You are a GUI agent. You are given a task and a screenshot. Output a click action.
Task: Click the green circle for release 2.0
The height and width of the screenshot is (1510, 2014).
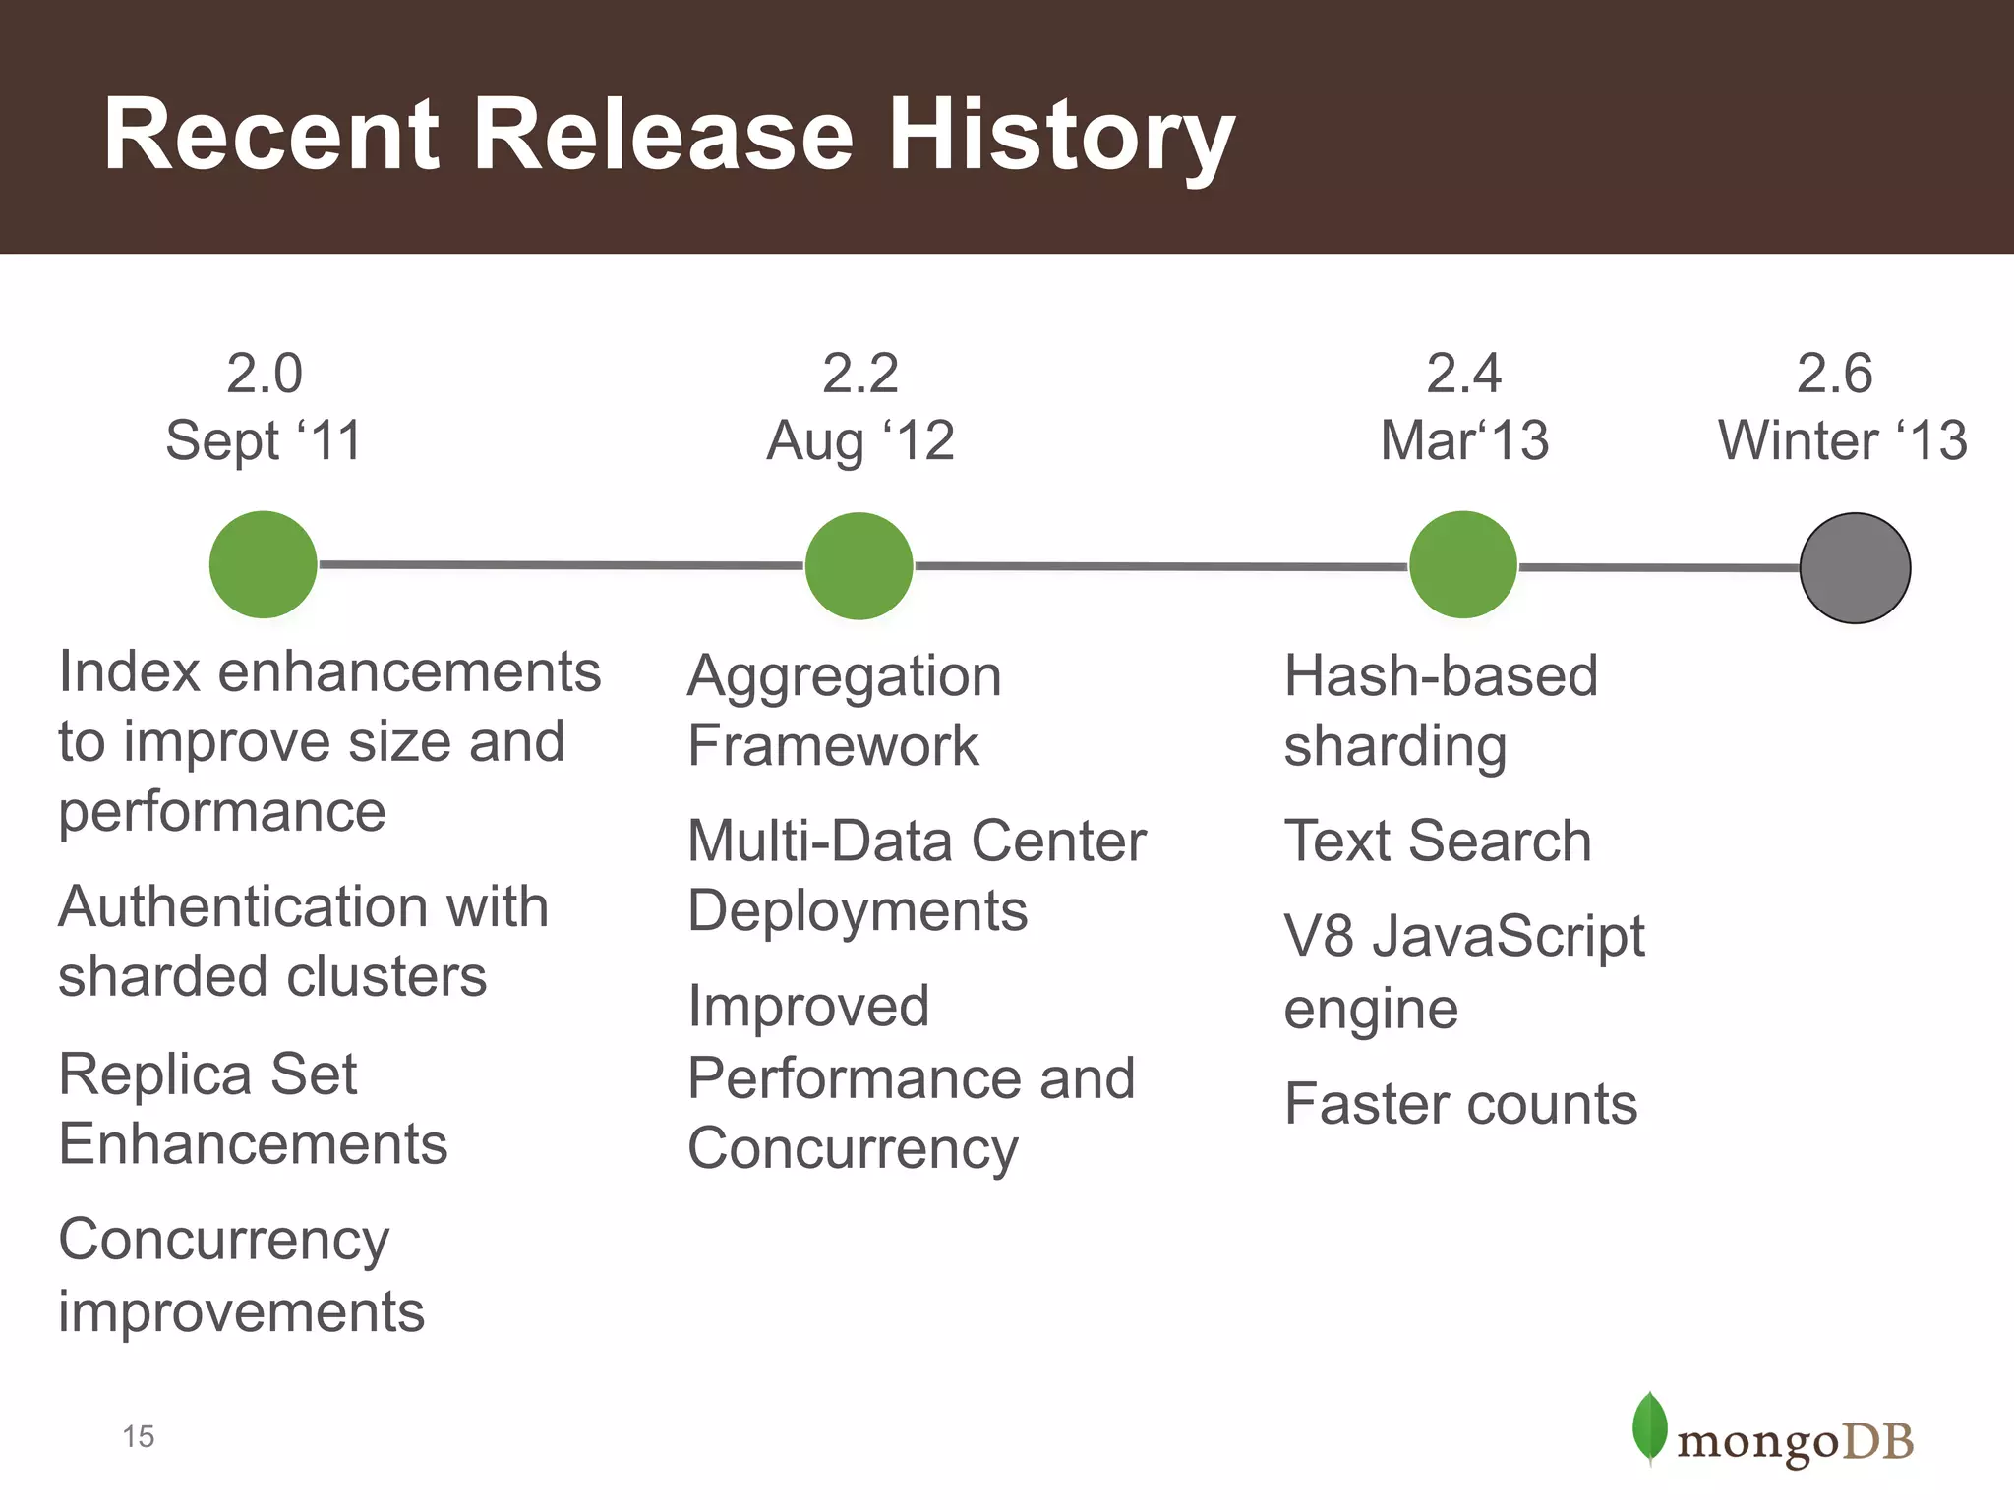[x=264, y=564]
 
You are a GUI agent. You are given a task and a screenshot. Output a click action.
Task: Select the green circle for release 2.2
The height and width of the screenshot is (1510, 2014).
[x=859, y=565]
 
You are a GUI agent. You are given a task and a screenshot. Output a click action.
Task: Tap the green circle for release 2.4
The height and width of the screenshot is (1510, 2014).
[x=1463, y=564]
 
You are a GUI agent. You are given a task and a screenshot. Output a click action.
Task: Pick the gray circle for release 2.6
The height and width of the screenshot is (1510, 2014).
[x=1855, y=568]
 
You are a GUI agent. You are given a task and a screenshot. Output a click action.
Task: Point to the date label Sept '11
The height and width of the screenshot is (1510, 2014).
[x=264, y=440]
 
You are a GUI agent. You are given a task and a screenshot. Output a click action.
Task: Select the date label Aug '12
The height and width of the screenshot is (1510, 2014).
[x=860, y=440]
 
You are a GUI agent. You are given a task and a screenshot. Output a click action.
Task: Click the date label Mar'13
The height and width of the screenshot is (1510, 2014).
[x=1464, y=440]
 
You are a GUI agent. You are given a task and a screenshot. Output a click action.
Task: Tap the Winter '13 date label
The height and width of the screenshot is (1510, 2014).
[x=1842, y=440]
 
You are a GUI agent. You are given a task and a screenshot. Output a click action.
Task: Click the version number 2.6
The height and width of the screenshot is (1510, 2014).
[x=1834, y=374]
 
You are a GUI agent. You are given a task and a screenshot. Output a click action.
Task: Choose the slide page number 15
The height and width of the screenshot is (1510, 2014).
[x=139, y=1436]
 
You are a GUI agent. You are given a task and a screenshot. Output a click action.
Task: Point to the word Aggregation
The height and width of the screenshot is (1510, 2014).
[x=844, y=676]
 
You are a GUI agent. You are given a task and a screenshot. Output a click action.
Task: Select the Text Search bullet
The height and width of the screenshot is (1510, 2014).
[x=1437, y=842]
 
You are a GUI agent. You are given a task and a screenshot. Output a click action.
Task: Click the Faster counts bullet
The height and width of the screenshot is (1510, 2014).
[x=1460, y=1104]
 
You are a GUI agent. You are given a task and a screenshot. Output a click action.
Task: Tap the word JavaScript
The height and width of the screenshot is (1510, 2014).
[x=1508, y=936]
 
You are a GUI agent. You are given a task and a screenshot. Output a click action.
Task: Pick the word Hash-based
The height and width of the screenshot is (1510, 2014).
[x=1441, y=676]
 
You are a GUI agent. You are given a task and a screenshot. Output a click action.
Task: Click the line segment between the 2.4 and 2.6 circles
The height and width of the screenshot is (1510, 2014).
[x=1659, y=567]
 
